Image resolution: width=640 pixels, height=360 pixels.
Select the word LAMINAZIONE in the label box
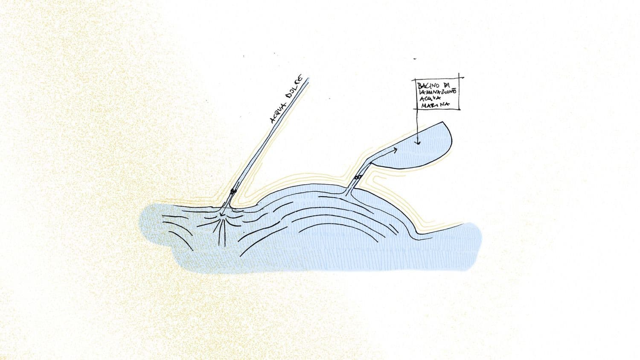pos(437,92)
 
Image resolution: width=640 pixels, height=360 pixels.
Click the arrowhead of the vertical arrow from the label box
pos(418,142)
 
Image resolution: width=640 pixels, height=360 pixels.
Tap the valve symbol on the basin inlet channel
pos(358,177)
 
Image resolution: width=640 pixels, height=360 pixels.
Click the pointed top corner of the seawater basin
pos(444,122)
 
